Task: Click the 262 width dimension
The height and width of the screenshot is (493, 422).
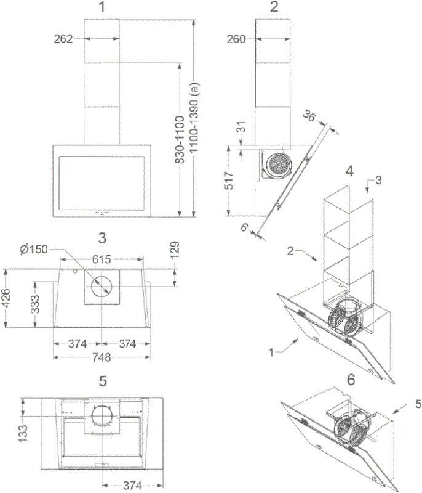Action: coord(63,39)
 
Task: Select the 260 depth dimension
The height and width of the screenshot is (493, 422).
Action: coord(236,39)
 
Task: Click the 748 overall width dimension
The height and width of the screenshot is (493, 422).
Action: coord(101,357)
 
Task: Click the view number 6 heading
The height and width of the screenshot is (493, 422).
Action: coord(351,380)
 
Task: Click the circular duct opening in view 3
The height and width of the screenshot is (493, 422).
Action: coord(102,287)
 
